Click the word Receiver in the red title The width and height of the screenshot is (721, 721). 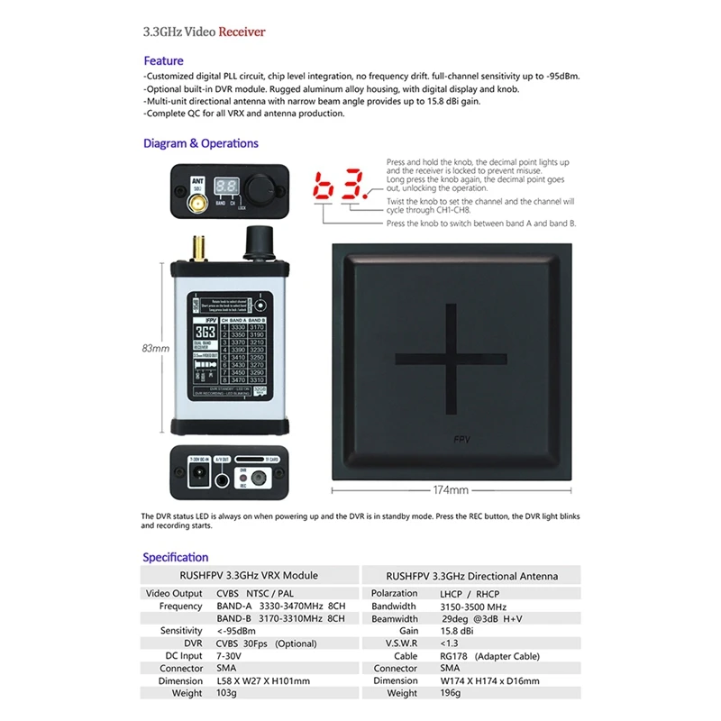242,32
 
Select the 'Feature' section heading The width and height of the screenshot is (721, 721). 163,60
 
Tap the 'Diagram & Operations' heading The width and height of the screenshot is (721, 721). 200,143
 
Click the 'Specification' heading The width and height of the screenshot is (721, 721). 175,557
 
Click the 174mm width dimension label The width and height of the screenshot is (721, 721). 451,490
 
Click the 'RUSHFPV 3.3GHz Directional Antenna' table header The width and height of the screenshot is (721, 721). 471,575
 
